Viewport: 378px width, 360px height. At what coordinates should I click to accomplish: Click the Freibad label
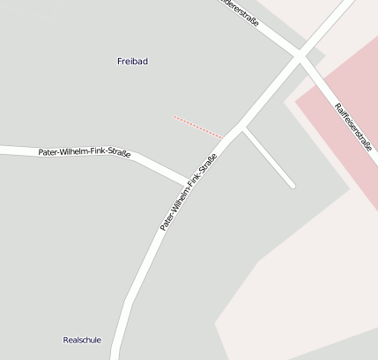click(x=132, y=61)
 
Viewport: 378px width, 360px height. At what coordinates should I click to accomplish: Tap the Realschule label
click(x=82, y=340)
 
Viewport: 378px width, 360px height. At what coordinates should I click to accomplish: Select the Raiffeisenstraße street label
click(x=352, y=128)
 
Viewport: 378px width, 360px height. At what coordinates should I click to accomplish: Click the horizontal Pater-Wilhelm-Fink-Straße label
click(x=85, y=153)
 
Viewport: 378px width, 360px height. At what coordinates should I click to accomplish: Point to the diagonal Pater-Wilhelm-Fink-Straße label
click(x=188, y=193)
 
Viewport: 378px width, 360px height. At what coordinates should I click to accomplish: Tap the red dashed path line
click(x=197, y=126)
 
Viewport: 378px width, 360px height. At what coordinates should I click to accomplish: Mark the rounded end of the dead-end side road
click(x=291, y=185)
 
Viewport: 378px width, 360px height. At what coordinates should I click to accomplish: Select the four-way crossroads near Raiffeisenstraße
click(x=300, y=57)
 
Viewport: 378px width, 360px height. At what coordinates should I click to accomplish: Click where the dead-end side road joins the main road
click(x=243, y=129)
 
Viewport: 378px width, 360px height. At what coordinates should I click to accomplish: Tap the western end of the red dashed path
click(x=175, y=116)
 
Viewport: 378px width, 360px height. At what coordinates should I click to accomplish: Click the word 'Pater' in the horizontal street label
click(x=48, y=152)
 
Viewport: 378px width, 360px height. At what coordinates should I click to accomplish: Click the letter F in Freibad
click(x=120, y=61)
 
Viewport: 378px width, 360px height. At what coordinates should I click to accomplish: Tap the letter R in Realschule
click(x=66, y=340)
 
